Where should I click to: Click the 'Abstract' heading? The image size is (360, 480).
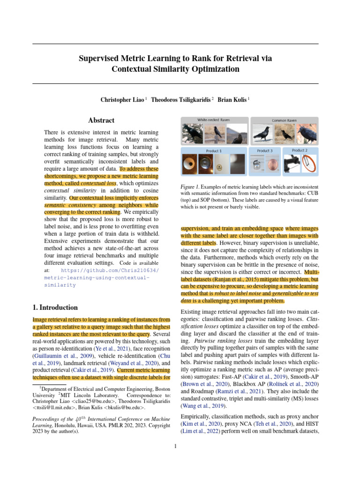[101, 120]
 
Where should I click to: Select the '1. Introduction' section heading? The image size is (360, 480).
[55, 307]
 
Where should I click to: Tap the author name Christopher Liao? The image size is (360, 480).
[122, 100]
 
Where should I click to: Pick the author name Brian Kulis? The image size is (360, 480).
[232, 100]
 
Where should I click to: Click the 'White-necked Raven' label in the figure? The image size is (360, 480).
[213, 120]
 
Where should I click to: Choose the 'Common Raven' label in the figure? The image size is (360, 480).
[285, 120]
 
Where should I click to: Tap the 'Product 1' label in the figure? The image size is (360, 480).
[213, 151]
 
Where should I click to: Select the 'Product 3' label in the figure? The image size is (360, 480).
[264, 150]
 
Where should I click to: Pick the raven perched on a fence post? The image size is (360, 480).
[215, 134]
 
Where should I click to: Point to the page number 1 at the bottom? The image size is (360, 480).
[175, 446]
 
